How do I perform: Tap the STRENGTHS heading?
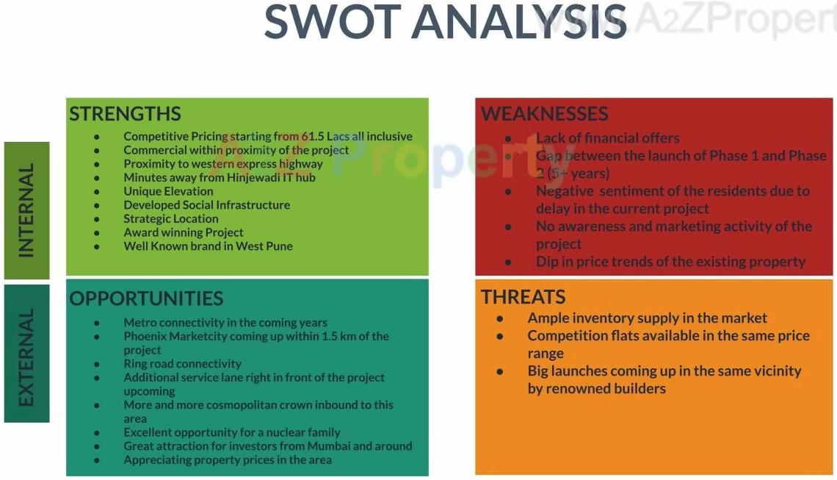(x=125, y=114)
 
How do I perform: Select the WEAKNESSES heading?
(x=545, y=114)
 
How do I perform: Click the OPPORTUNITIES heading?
(x=146, y=298)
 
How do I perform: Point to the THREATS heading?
(x=523, y=297)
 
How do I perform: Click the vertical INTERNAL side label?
(x=26, y=210)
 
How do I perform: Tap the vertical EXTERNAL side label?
(x=26, y=357)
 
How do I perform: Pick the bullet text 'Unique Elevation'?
(x=168, y=191)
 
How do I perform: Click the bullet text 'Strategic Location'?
(x=171, y=218)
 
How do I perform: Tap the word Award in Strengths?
(x=139, y=232)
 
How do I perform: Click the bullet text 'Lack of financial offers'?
(x=607, y=138)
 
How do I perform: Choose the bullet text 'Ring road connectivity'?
(x=183, y=364)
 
